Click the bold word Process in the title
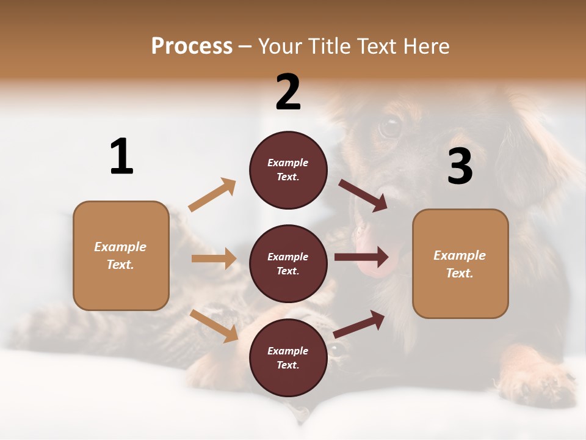click(192, 46)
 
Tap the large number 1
click(121, 157)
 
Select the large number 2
click(288, 92)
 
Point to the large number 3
click(460, 166)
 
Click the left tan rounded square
click(121, 255)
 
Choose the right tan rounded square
click(460, 264)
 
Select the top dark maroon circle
click(288, 170)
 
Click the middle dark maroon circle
click(288, 264)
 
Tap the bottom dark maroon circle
click(288, 358)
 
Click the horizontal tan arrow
click(214, 258)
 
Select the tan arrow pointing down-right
click(214, 326)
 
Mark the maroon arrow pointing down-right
click(363, 196)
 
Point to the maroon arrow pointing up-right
click(360, 324)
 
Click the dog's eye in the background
click(389, 127)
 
